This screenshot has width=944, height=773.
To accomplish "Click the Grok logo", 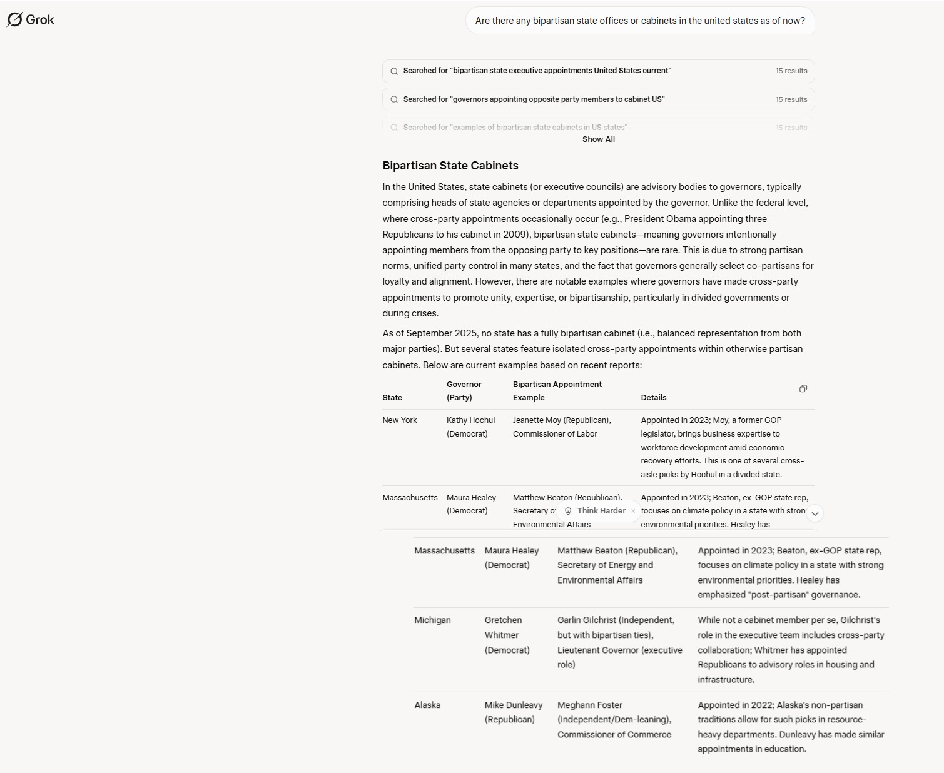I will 31,19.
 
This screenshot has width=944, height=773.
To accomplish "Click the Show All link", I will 598,139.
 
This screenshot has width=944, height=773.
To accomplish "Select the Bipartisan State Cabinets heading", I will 450,166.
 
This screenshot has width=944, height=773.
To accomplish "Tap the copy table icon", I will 803,388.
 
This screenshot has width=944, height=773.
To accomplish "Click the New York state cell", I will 400,420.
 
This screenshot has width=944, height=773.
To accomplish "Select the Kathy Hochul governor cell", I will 470,427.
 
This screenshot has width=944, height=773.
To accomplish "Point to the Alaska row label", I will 427,705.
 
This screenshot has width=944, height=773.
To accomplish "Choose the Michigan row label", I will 432,620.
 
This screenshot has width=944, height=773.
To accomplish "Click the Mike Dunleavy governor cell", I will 513,712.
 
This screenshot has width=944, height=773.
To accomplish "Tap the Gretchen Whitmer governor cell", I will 507,635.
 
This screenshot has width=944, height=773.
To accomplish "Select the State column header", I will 392,398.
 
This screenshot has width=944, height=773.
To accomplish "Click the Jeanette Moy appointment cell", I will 562,427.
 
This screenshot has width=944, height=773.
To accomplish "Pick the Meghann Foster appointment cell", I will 614,719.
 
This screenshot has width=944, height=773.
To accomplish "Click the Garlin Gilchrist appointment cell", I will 619,642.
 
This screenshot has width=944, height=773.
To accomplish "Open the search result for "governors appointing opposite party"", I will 534,99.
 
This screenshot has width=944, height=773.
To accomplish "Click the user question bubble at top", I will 639,21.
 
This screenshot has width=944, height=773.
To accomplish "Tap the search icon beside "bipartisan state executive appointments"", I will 394,71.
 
